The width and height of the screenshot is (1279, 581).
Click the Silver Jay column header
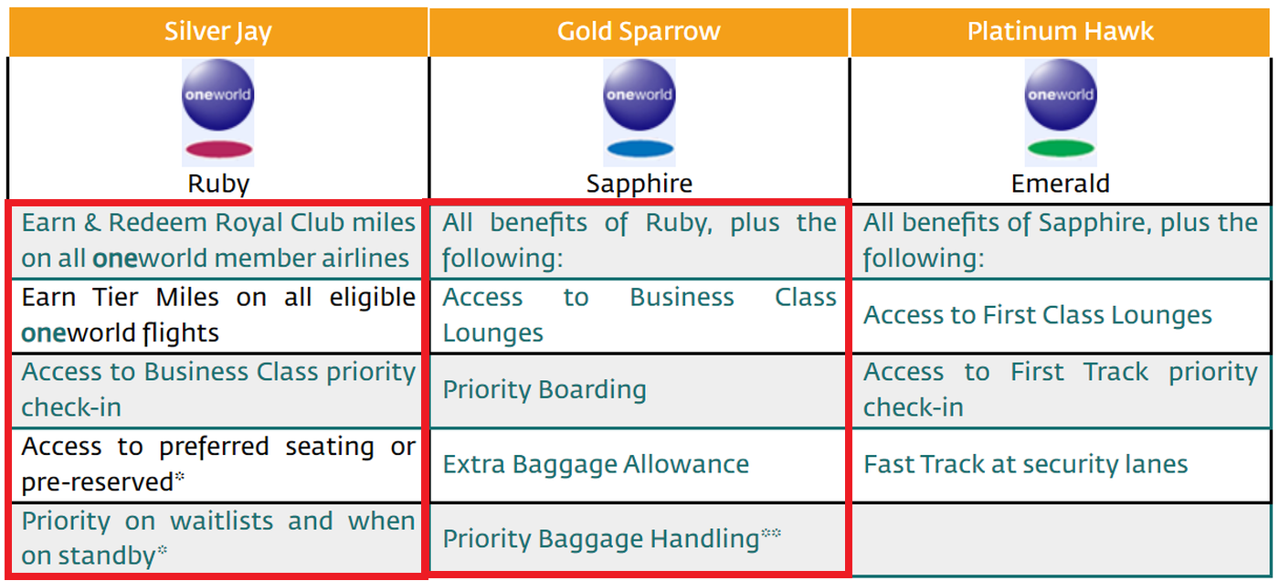coord(217,31)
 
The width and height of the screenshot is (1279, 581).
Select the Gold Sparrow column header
coord(639,31)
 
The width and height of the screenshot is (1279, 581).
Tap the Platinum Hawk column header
coord(1060,31)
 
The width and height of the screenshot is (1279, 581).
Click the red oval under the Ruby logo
coord(218,150)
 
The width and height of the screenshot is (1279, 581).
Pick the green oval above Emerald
coord(1060,149)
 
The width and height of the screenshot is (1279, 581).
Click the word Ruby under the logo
coord(218,184)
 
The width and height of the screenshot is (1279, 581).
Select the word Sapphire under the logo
coord(639,184)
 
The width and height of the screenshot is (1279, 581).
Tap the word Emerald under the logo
coord(1060,184)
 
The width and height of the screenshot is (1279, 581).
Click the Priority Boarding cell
coord(544,390)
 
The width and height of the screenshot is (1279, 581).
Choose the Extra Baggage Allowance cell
coord(596,464)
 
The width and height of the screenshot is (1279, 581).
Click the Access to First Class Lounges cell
coord(1038,315)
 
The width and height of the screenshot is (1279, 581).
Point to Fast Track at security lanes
coord(1025,464)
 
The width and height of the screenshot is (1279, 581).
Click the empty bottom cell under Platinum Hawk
coord(1060,539)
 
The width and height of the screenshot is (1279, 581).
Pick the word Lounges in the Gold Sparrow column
coord(493,333)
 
